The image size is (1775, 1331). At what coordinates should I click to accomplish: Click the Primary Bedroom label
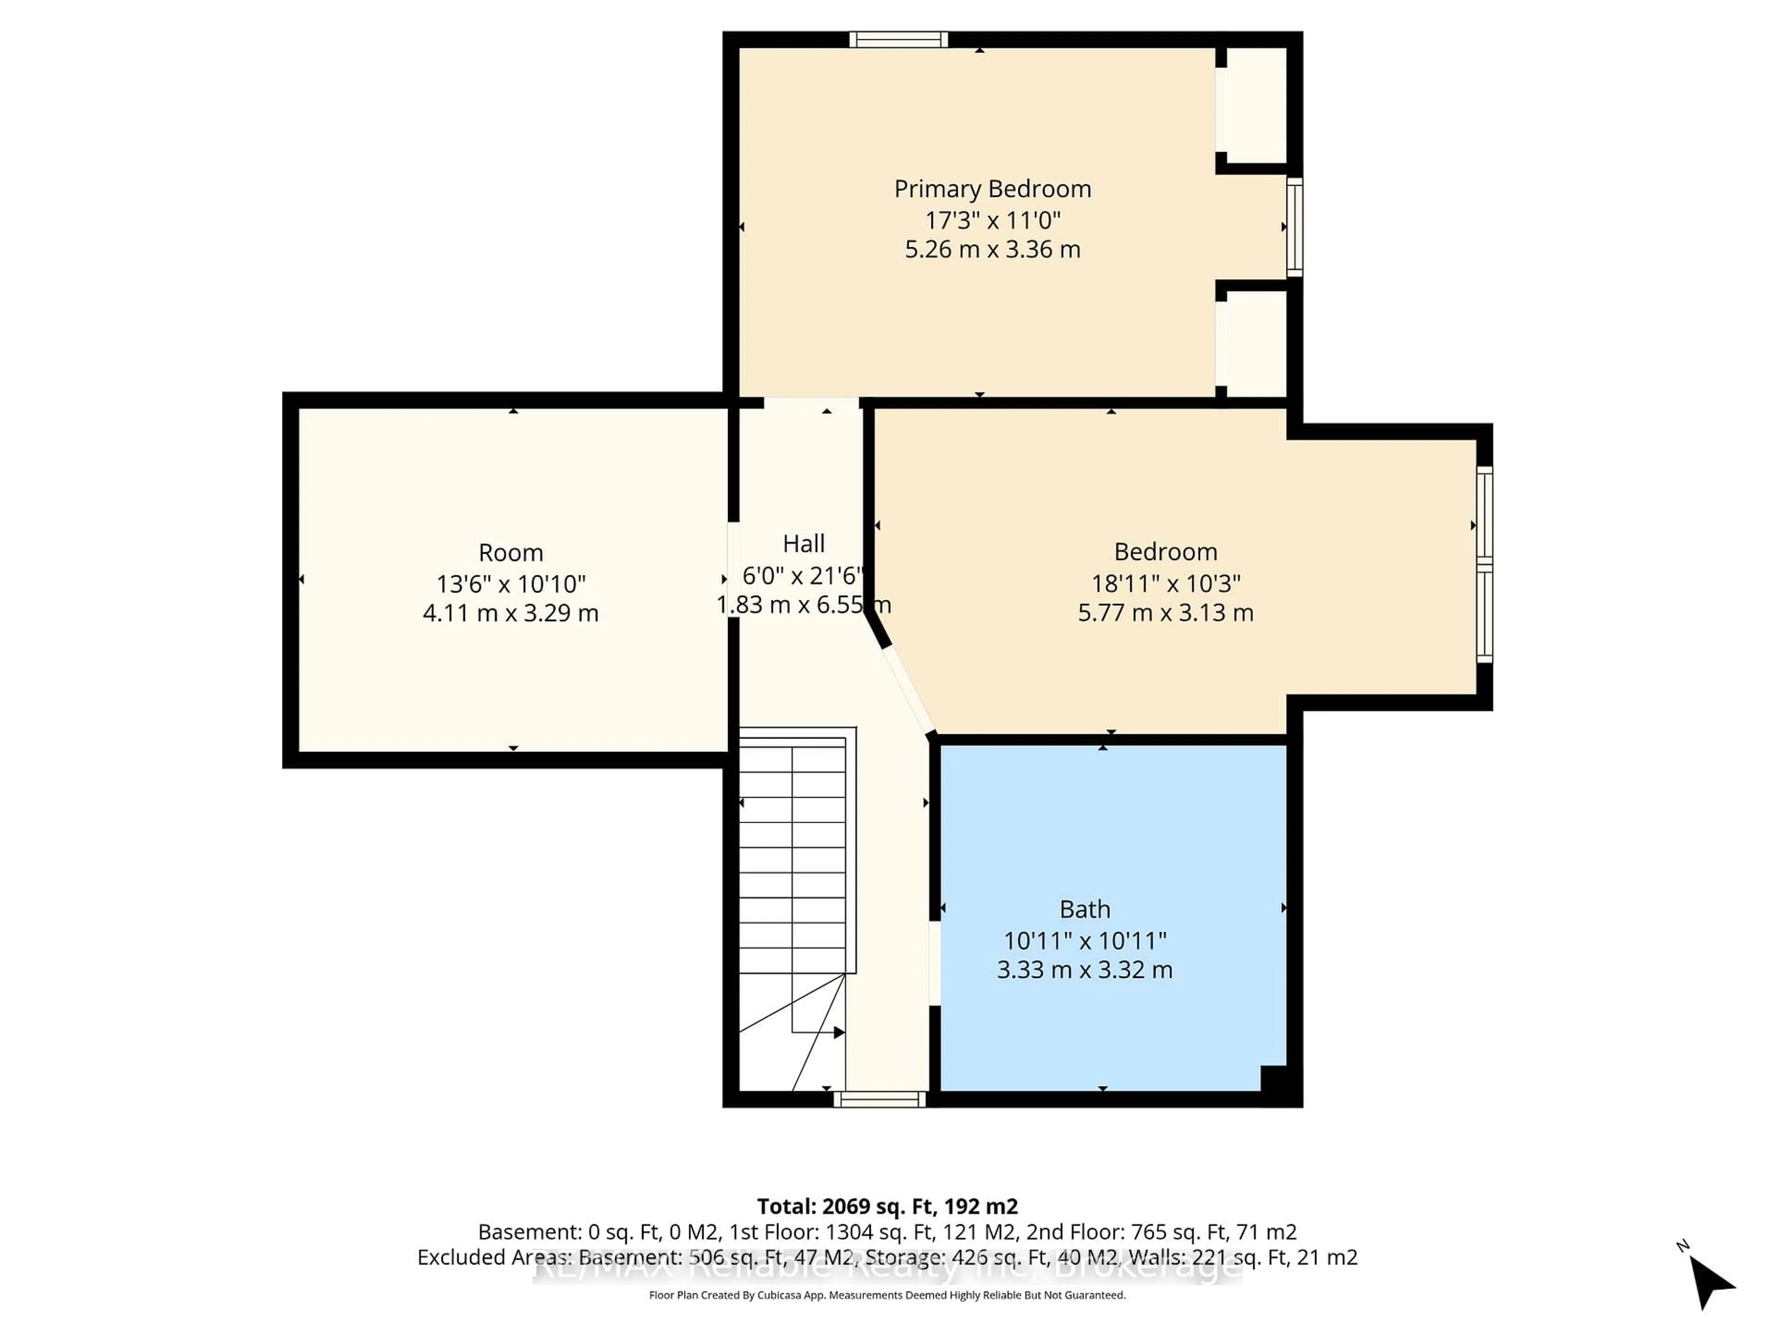click(992, 189)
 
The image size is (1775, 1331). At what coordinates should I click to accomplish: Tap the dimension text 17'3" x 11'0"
click(992, 220)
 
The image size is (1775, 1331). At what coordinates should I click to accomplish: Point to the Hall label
click(803, 544)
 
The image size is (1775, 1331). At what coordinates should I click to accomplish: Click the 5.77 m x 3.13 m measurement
click(1165, 613)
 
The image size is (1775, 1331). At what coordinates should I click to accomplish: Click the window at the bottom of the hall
click(880, 1099)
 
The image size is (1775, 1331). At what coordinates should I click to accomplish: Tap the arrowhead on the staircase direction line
click(839, 1032)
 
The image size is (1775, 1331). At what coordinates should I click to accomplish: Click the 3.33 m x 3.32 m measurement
click(1085, 970)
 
